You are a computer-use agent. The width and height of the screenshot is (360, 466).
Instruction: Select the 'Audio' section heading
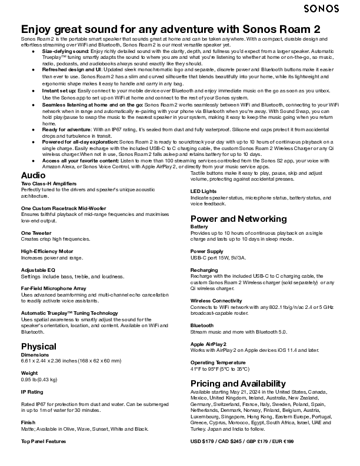33,175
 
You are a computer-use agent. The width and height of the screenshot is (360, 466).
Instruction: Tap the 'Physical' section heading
39,346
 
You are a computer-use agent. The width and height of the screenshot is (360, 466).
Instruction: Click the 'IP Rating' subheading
32,391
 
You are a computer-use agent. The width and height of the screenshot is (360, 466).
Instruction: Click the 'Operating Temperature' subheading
218,362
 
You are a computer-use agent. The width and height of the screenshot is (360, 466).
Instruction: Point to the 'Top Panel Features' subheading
44,441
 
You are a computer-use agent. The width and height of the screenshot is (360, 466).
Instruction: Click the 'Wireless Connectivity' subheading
216,300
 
